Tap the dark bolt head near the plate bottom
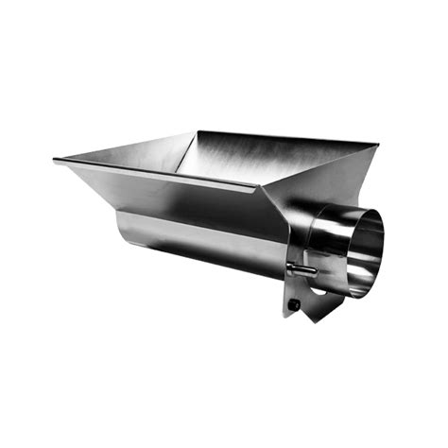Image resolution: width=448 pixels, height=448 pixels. [295, 304]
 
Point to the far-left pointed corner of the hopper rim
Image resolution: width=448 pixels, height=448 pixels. [55, 162]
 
